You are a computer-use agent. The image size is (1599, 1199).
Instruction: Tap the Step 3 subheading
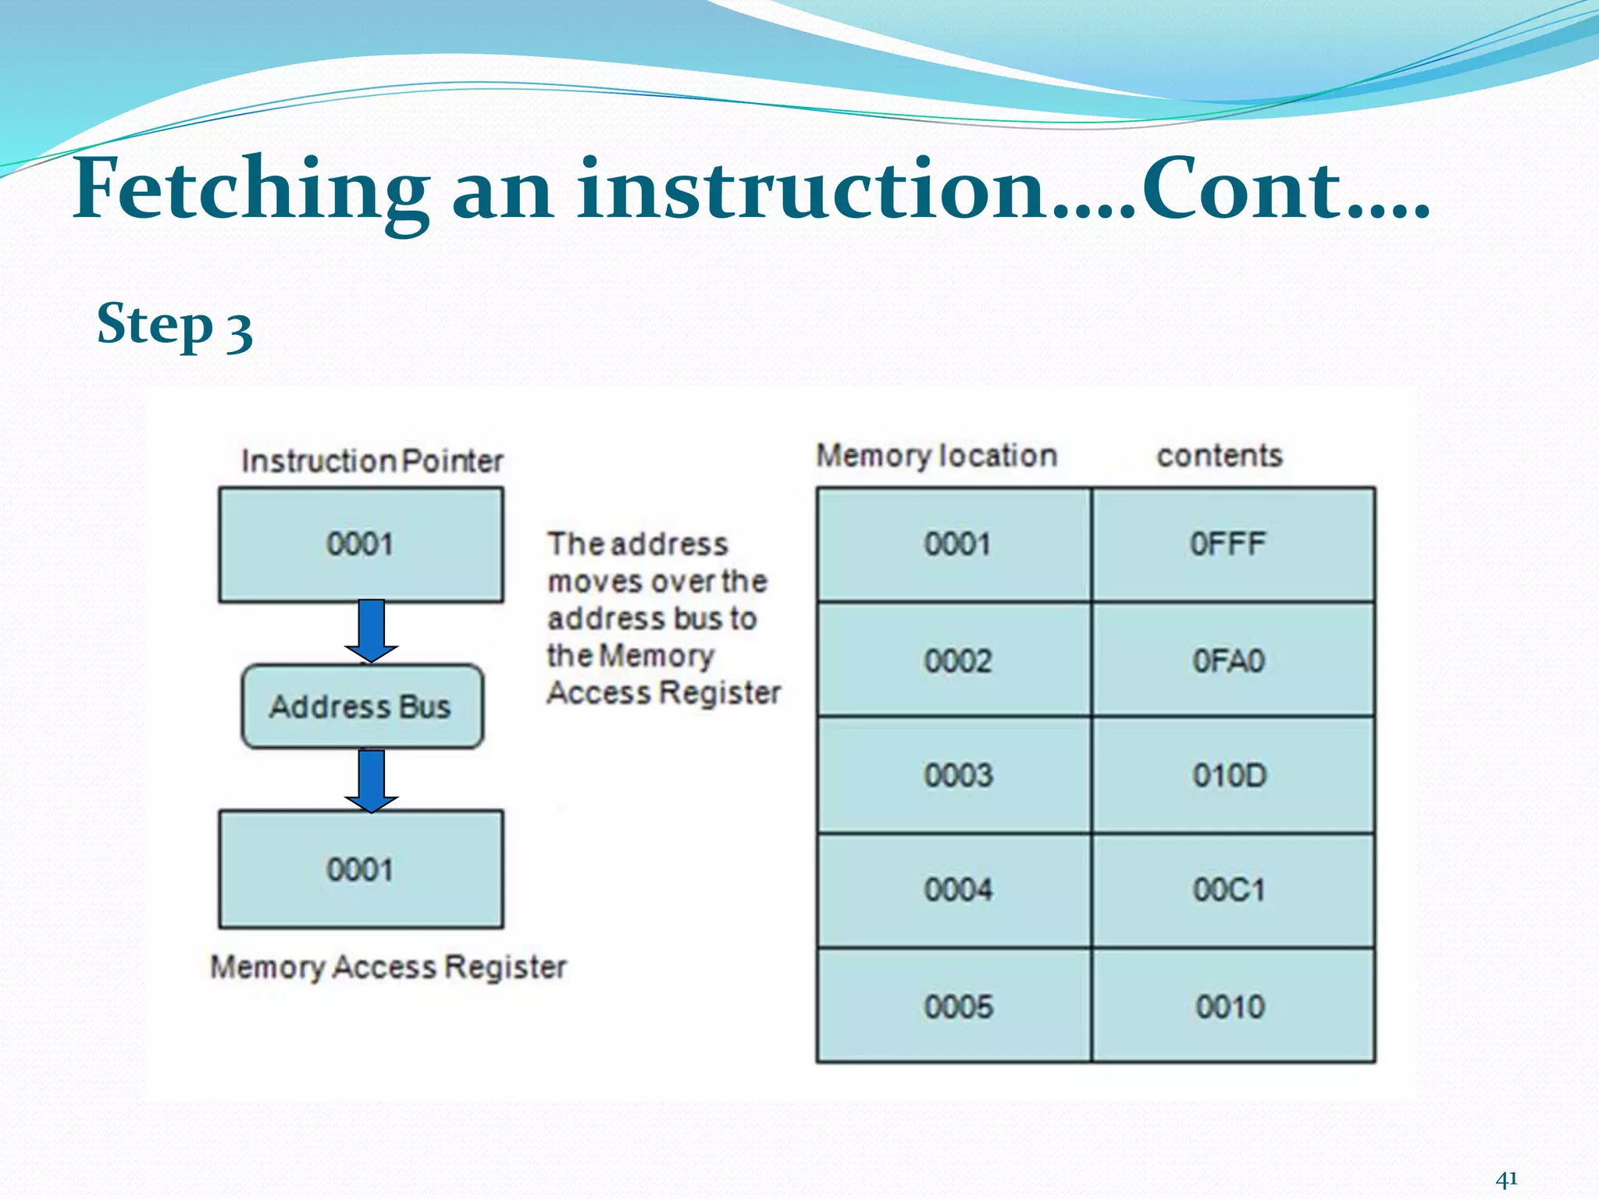tap(174, 325)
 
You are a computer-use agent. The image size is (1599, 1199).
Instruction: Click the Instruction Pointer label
tap(372, 461)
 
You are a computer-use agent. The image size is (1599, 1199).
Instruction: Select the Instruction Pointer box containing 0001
tap(360, 544)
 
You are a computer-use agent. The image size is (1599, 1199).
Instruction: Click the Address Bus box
tap(361, 706)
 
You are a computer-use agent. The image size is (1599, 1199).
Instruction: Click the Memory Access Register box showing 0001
tap(360, 869)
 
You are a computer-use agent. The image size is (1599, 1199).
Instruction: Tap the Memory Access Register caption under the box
tap(388, 967)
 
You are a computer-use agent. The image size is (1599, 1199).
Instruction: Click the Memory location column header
tap(936, 456)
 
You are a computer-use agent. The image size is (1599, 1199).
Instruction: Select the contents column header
tap(1219, 456)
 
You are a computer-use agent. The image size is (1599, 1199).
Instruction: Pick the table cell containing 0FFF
tap(1233, 544)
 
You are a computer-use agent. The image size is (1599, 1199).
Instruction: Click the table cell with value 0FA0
tap(1233, 660)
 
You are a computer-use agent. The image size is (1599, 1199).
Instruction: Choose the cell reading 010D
tap(1233, 775)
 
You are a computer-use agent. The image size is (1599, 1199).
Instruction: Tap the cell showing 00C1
tap(1233, 890)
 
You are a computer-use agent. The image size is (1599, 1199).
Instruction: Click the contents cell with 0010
tap(1233, 1006)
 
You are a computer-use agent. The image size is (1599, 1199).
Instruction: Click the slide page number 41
tap(1506, 1179)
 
